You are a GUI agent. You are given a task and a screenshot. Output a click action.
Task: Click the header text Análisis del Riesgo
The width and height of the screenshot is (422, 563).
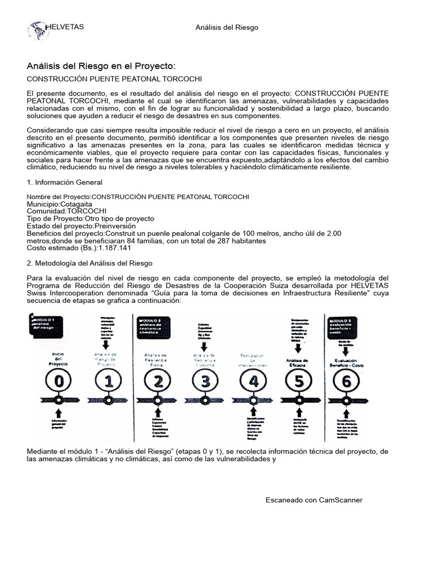coord(227,27)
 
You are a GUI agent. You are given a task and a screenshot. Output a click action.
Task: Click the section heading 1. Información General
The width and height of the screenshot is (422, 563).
coord(65,182)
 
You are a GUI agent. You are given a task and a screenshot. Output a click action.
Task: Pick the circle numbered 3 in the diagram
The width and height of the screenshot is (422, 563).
coord(206,379)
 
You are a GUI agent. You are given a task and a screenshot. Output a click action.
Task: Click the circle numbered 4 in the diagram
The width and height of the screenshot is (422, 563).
coord(253,379)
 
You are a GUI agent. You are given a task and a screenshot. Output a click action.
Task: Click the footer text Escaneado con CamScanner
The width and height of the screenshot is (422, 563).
coord(314,500)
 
